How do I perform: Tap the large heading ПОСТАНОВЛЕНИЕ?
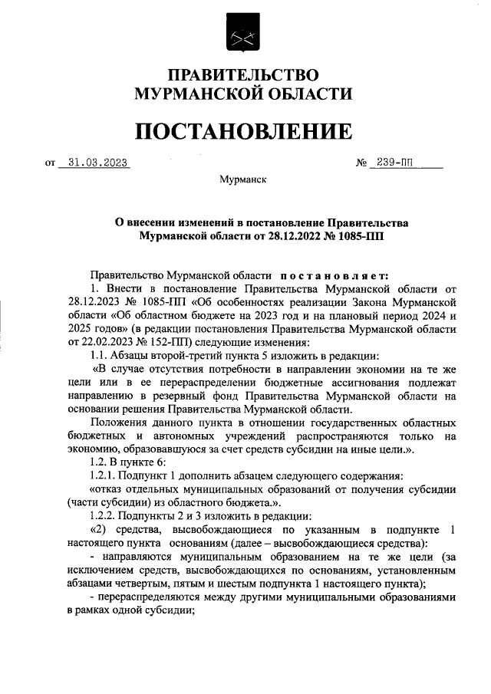[x=244, y=131]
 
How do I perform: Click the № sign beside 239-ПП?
[x=361, y=163]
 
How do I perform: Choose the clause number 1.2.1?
[x=107, y=475]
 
